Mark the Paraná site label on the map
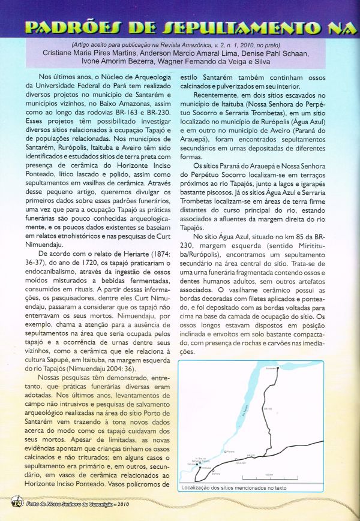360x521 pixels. click(229, 451)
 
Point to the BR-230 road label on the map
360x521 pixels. click(250, 456)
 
